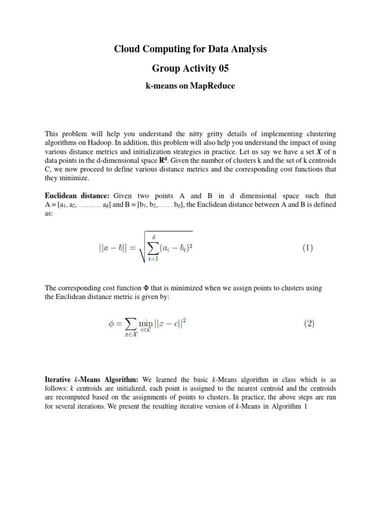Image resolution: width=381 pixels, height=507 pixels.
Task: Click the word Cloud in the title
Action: (127, 49)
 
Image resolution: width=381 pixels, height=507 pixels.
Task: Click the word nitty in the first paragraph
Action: (183, 134)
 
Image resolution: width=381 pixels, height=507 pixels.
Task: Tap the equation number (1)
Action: (308, 249)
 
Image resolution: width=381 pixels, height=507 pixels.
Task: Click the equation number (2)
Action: (308, 324)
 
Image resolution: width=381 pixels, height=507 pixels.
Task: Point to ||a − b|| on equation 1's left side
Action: (114, 249)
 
